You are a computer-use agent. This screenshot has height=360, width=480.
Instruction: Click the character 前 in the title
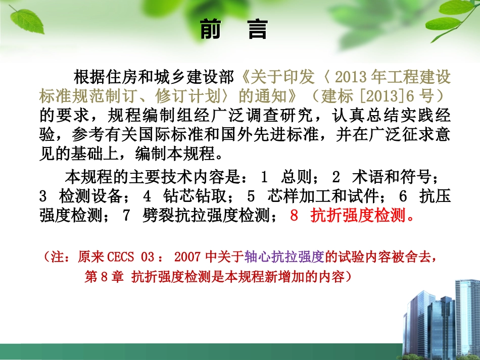[211, 30]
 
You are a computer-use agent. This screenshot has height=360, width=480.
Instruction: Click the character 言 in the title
[257, 30]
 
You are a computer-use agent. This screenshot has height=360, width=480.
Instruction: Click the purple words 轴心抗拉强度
[283, 257]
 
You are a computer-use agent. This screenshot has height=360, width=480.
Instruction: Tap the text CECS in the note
[121, 257]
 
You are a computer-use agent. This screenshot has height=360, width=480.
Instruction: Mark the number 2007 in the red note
[189, 257]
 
